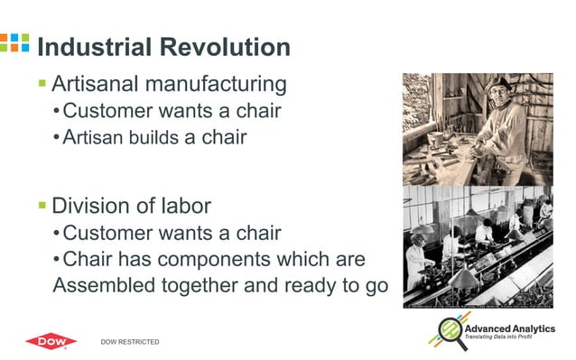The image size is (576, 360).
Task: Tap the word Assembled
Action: pyautogui.click(x=107, y=287)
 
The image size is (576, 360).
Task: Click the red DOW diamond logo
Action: pyautogui.click(x=51, y=341)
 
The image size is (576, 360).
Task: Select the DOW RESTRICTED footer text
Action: pyautogui.click(x=130, y=342)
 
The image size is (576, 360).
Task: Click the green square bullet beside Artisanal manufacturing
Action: pyautogui.click(x=42, y=84)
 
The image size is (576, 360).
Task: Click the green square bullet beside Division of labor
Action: pyautogui.click(x=42, y=206)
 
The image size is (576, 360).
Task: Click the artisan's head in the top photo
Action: pyautogui.click(x=498, y=88)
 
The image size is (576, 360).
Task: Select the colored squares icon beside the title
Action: pyautogui.click(x=15, y=43)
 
